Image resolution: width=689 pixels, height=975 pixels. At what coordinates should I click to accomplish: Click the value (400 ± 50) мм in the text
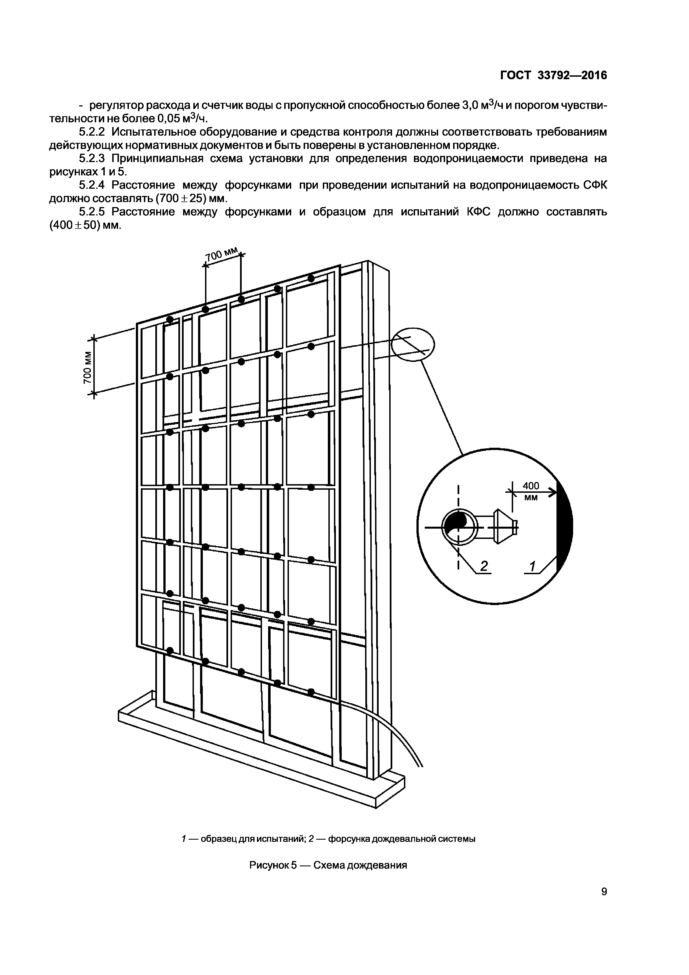[85, 225]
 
